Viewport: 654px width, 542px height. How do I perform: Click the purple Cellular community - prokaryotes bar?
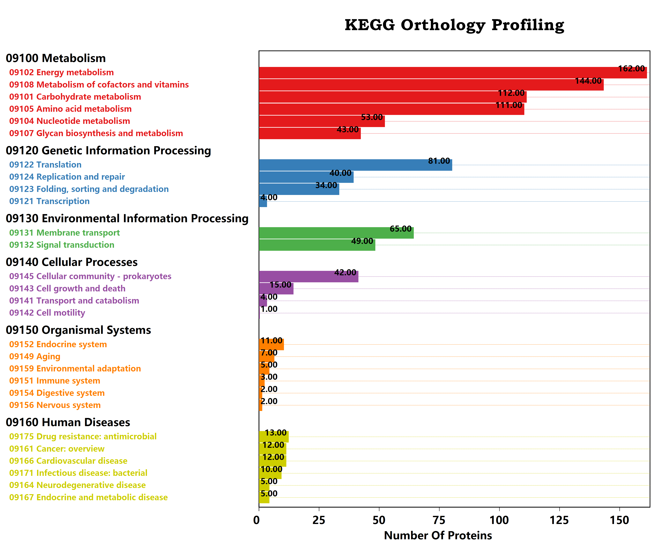[308, 276]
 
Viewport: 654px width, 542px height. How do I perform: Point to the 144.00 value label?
[588, 81]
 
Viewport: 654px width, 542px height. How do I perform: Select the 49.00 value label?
[362, 241]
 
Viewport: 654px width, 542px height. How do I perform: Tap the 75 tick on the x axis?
[439, 520]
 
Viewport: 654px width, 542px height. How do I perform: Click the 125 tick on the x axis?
[559, 520]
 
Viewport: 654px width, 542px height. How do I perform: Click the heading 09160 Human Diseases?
[68, 422]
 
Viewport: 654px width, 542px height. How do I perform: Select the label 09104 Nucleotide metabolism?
[69, 121]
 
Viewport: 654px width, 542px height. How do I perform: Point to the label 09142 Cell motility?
[47, 313]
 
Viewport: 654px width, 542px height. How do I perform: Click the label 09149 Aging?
[35, 356]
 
